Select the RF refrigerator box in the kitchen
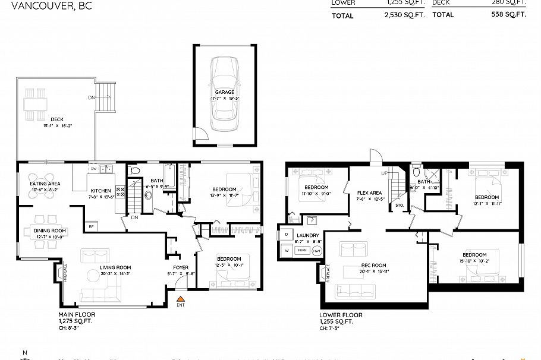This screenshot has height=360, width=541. coord(92,226)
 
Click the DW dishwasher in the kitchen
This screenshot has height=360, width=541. coord(93,169)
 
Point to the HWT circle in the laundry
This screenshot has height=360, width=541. coord(317,250)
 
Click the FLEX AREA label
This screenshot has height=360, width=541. coord(369,192)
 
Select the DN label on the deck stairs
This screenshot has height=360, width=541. coord(92,97)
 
